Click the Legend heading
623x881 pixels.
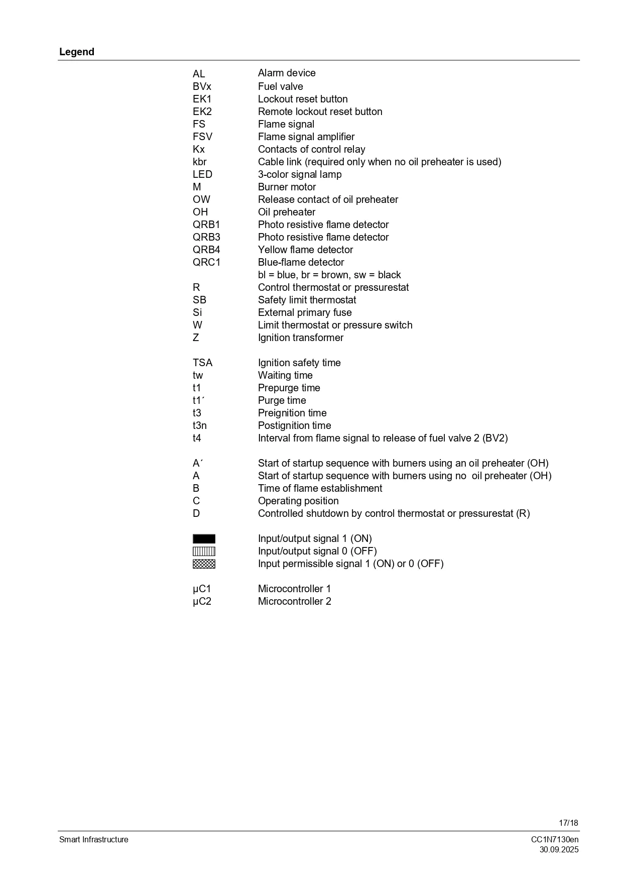[x=77, y=52]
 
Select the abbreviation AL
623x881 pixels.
[x=199, y=74]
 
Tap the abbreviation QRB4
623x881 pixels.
[x=206, y=250]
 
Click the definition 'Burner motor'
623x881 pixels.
[x=287, y=187]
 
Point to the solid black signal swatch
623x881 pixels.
[x=204, y=539]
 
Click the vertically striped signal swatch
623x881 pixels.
[x=204, y=552]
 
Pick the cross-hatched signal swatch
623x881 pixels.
[x=204, y=564]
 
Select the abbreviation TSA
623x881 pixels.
[x=202, y=363]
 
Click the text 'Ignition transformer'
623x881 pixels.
[x=301, y=338]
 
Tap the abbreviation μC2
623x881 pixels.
[x=202, y=601]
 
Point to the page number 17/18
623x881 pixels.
[x=568, y=823]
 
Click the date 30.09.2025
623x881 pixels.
[x=559, y=850]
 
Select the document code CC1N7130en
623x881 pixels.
[x=555, y=840]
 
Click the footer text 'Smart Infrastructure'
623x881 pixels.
[x=94, y=840]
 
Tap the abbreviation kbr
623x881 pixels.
[x=199, y=162]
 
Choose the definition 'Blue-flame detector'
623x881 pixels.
[x=301, y=262]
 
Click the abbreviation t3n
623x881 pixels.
[x=199, y=425]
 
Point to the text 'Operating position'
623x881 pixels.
[x=298, y=501]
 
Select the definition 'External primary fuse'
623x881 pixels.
[x=305, y=312]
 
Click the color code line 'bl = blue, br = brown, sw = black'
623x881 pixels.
[x=329, y=275]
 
